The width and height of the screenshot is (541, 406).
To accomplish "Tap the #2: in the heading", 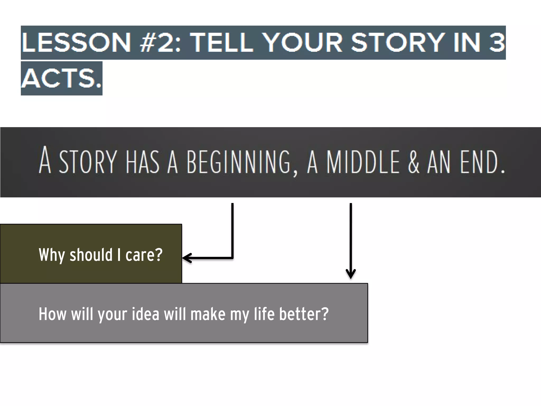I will coord(160,43).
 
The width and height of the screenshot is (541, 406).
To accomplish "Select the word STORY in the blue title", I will coord(397,43).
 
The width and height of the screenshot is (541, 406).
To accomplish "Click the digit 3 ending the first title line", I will coord(497,43).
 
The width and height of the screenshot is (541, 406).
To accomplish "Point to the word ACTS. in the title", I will coord(61,78).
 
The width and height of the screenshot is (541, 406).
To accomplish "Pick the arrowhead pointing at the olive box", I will coord(186,258).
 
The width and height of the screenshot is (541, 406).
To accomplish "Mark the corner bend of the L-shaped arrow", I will coord(232,258).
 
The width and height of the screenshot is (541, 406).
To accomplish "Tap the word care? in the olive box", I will coord(144,255).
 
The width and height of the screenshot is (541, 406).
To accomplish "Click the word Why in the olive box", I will coord(52,255).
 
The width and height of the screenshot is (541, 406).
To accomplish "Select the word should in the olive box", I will coord(91,255).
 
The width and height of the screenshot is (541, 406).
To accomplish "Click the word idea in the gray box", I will coord(146,314).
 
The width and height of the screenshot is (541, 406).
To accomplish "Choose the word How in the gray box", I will coord(52,314).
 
